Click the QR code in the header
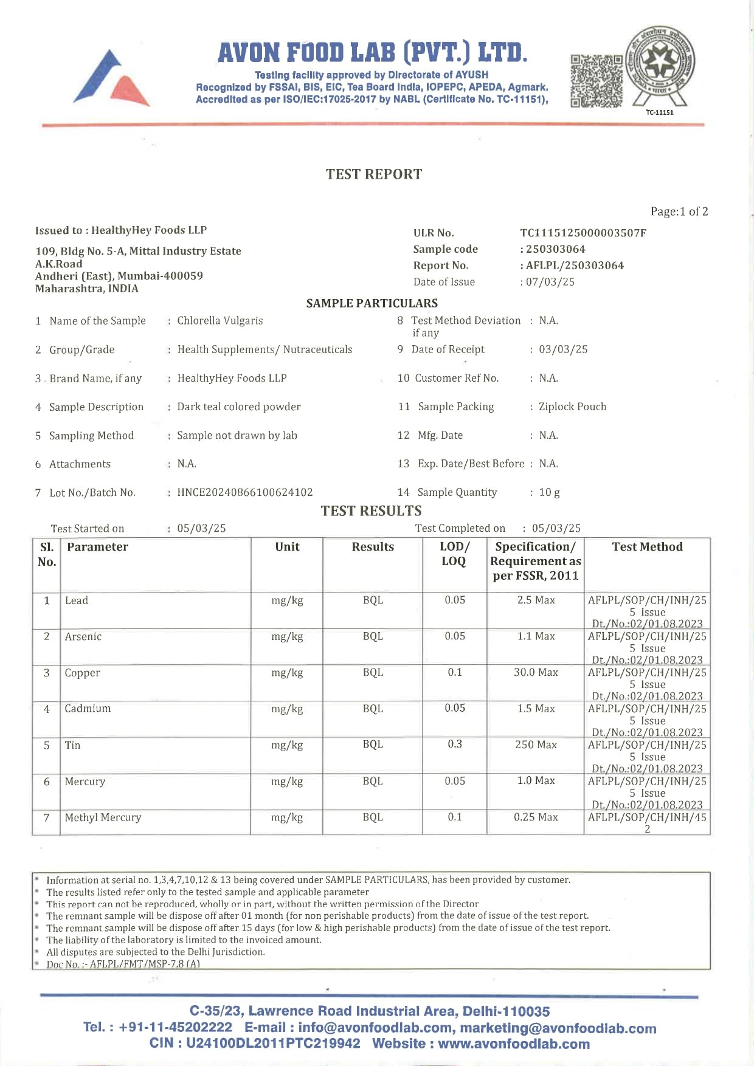[x=597, y=81]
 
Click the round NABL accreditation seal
[x=660, y=66]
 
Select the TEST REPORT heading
[x=373, y=174]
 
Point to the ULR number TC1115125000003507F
[x=583, y=233]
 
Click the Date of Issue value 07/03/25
[x=550, y=282]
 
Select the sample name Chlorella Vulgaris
[x=220, y=321]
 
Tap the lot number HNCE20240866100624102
[x=245, y=492]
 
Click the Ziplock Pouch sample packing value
[x=572, y=407]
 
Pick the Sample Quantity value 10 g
[x=549, y=492]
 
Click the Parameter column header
[x=97, y=547]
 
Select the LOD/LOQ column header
[x=454, y=554]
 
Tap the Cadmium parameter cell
[x=88, y=709]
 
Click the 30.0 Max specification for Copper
[x=536, y=673]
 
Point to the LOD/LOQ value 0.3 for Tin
[x=455, y=744]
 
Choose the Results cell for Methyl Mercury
[x=373, y=817]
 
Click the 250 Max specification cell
[x=536, y=744]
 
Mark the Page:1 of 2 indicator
[x=679, y=211]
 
